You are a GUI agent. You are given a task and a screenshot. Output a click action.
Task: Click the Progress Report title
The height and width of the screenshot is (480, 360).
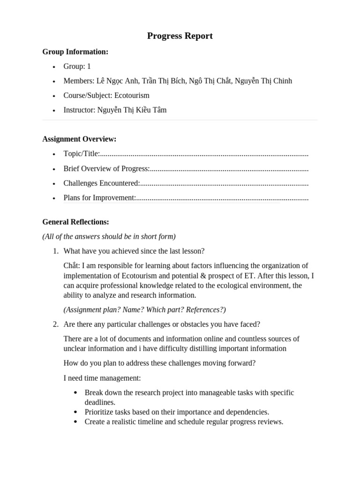coord(180,36)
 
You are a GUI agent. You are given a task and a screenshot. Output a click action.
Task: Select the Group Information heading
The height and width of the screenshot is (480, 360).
coord(75,52)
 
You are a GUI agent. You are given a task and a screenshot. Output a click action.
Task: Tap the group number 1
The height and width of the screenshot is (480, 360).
coord(89,67)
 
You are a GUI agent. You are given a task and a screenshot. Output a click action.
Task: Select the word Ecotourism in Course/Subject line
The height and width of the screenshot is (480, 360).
coord(132,95)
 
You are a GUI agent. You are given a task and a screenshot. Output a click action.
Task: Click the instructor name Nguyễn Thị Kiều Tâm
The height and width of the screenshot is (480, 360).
coord(132,110)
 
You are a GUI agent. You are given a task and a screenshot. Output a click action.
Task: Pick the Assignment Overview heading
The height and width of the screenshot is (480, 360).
coord(79,139)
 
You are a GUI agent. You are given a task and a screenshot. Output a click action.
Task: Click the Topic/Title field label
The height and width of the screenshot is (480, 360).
coord(81,154)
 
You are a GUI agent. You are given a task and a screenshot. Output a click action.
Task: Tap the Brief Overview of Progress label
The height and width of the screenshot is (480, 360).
coord(106,169)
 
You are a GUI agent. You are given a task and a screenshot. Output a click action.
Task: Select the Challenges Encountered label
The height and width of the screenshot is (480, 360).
coord(101,183)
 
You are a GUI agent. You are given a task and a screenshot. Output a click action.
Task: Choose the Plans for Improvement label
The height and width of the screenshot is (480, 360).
coord(99,198)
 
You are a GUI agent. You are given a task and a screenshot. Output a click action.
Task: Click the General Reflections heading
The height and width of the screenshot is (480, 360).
coord(75,222)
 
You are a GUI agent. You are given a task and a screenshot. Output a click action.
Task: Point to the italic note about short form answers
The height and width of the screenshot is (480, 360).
coord(109,236)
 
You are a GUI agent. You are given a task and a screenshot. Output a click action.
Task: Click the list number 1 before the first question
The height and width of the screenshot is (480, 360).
coord(55,251)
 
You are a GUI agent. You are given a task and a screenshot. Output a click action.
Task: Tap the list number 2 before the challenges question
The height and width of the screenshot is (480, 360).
coord(55,324)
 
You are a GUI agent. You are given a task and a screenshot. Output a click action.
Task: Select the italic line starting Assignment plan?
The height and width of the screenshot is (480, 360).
coord(144,309)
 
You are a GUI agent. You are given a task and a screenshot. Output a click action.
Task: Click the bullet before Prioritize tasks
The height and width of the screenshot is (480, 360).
coord(75,412)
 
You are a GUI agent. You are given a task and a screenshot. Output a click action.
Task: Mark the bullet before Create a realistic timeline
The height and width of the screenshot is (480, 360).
coord(75,422)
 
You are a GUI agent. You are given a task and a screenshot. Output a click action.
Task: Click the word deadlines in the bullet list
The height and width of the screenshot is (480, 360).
coord(100,402)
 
